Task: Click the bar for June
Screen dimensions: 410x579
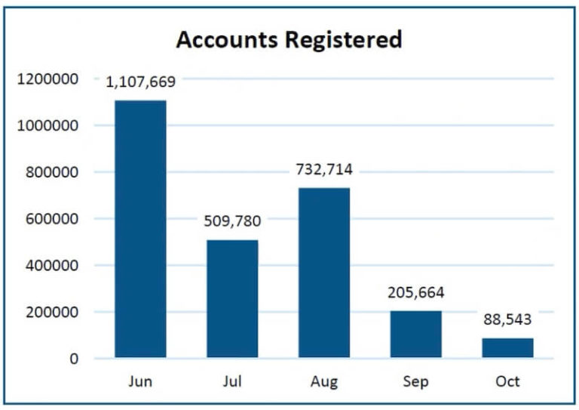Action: click(x=140, y=229)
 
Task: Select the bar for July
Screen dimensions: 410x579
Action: click(x=232, y=298)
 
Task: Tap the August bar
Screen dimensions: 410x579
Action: click(x=324, y=273)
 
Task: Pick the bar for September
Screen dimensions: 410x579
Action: click(x=416, y=334)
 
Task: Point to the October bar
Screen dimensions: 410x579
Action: click(x=507, y=347)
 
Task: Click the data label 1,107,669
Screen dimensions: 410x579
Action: click(x=141, y=82)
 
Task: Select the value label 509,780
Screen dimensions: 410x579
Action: click(x=232, y=221)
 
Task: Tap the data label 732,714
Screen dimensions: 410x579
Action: click(x=324, y=169)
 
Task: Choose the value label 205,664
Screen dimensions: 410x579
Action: click(x=416, y=292)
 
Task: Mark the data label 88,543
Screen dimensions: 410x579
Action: click(x=507, y=319)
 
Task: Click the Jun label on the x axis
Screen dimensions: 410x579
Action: click(x=140, y=381)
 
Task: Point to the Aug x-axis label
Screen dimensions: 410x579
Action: click(x=324, y=381)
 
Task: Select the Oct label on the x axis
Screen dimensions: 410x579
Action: click(x=507, y=381)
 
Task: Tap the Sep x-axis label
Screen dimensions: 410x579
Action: click(x=416, y=381)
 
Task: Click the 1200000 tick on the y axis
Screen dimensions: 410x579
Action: click(x=47, y=79)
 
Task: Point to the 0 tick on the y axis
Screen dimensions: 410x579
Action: click(x=73, y=359)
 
